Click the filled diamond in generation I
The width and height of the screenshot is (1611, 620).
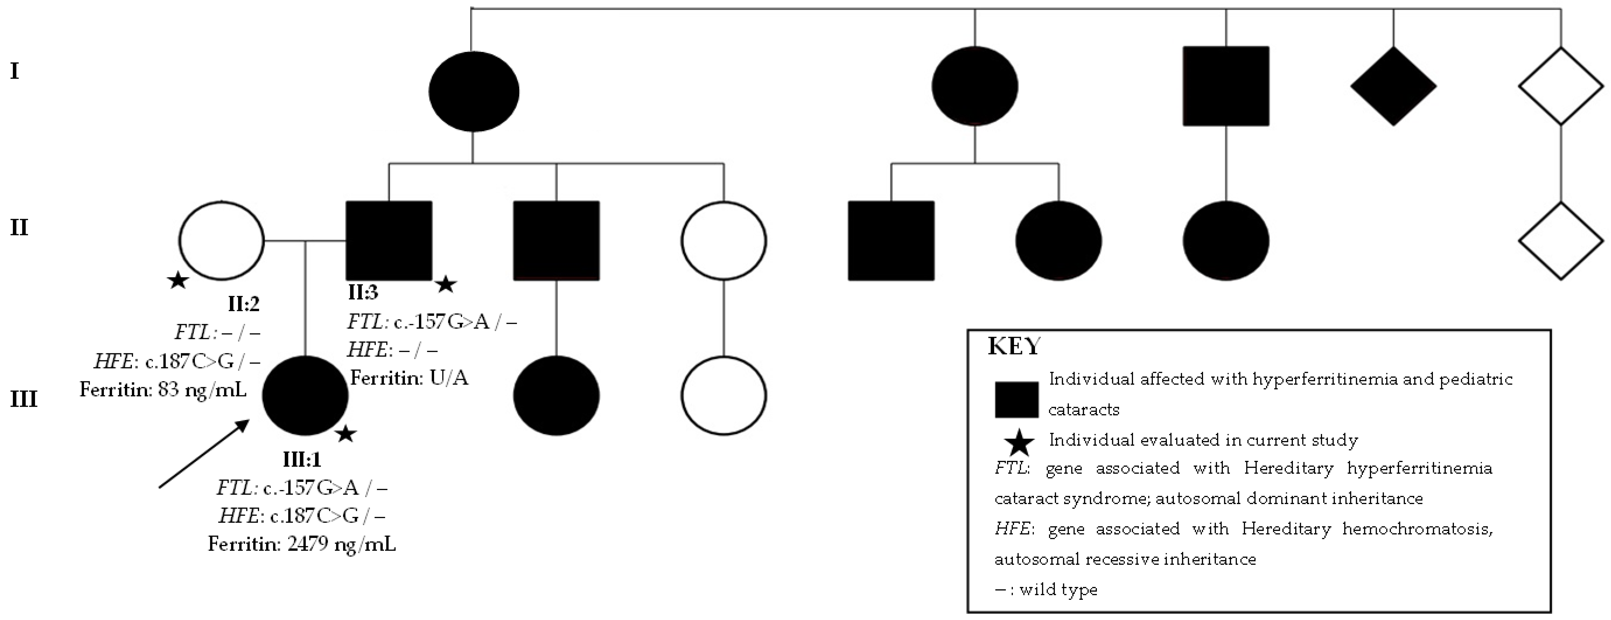(x=1393, y=86)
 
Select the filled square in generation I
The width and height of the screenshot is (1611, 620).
(x=1226, y=86)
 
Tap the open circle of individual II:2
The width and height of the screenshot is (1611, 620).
(x=222, y=240)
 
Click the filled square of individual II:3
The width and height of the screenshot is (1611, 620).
(x=389, y=240)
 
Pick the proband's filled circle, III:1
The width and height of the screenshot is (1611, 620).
(x=305, y=395)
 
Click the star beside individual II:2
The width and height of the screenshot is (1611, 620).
(x=178, y=281)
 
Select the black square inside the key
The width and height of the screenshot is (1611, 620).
(x=1016, y=399)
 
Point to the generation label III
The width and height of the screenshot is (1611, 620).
(x=24, y=398)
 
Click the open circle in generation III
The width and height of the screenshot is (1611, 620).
(x=724, y=395)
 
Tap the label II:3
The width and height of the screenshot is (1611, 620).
(x=363, y=292)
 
